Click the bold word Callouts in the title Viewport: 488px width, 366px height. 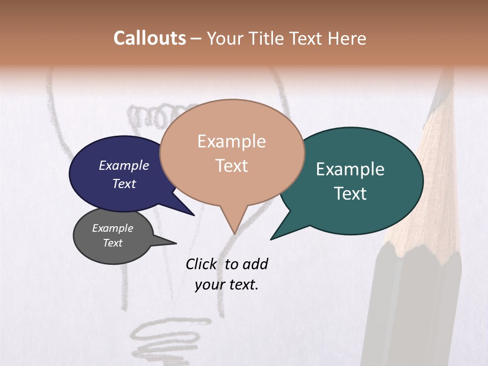point(149,38)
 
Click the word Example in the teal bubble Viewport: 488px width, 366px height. point(350,169)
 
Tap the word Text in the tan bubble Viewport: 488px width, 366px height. point(232,166)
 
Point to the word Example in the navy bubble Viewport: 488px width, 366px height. point(124,165)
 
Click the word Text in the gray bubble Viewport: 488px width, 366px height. point(113,243)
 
